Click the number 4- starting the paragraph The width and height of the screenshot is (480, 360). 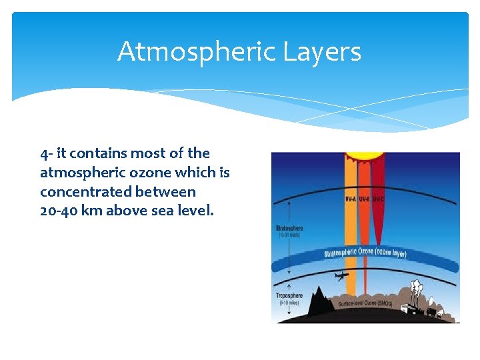point(46,153)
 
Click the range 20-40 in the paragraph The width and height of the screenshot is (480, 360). point(59,211)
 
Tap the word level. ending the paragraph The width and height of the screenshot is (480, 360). point(194,211)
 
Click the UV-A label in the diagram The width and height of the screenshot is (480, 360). point(351,199)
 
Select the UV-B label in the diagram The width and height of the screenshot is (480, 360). point(365,199)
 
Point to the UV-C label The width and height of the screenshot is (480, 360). point(378,199)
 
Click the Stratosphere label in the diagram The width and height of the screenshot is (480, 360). point(289,229)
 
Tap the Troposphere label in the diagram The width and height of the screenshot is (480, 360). point(289,295)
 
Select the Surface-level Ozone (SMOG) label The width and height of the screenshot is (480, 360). point(366,304)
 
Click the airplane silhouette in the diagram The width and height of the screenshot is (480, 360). point(343,275)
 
